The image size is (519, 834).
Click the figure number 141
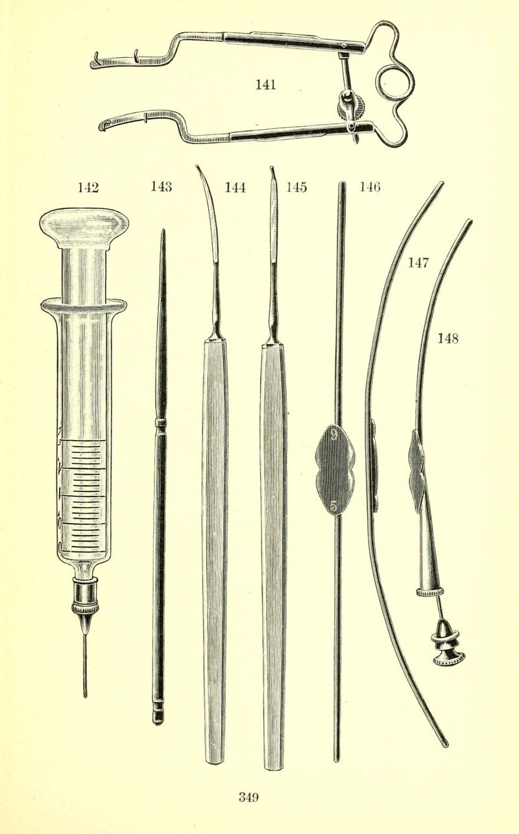click(x=265, y=84)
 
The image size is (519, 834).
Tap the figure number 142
click(x=88, y=187)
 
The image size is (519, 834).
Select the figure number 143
click(x=161, y=186)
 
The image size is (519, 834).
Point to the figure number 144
click(x=235, y=187)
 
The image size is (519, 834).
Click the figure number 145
click(x=296, y=187)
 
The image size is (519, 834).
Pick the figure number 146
click(x=370, y=186)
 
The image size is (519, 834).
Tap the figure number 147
click(x=418, y=262)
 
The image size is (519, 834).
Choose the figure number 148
click(x=448, y=338)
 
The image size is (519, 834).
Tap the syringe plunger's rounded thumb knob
click(x=84, y=227)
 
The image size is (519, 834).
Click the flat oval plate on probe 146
click(x=335, y=471)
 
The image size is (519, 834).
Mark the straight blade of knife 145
click(x=274, y=216)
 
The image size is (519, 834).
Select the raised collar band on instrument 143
click(x=161, y=422)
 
